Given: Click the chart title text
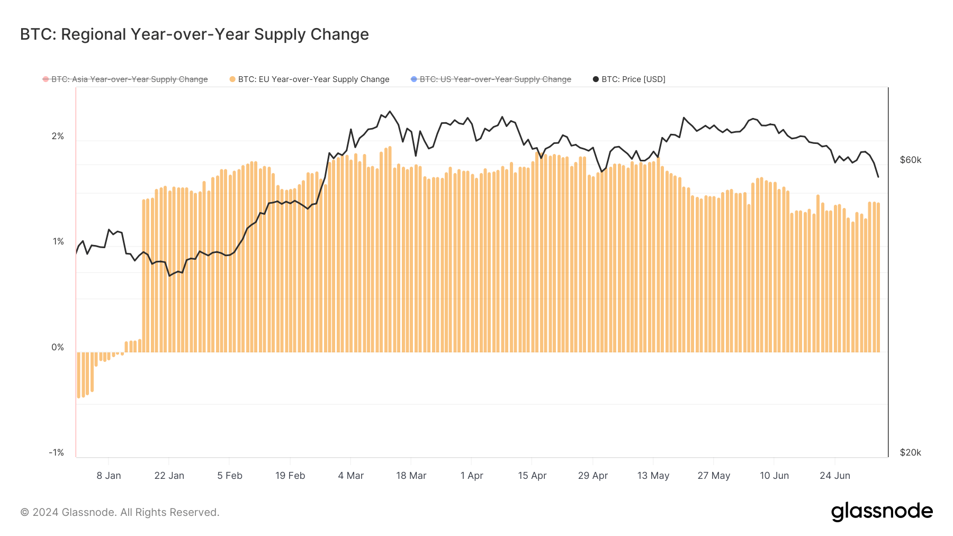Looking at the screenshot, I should tap(194, 34).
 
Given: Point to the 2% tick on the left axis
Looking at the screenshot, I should tap(58, 137).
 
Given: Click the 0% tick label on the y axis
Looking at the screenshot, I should tap(58, 347).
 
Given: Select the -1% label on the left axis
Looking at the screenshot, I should tap(57, 452).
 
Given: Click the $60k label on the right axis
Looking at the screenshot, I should tap(910, 160).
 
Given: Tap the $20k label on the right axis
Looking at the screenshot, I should tap(910, 452).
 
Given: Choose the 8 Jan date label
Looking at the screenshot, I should tap(109, 476).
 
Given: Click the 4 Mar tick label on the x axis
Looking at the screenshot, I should tap(350, 476).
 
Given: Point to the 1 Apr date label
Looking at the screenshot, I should tap(472, 476).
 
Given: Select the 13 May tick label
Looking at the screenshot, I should tap(653, 476).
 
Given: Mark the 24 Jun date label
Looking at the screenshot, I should tap(834, 476).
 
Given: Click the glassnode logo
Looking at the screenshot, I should tap(882, 512).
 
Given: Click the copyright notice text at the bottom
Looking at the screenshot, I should tap(120, 512).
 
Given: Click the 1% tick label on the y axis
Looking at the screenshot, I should tap(58, 242).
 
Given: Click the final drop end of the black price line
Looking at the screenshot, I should tap(878, 177).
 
